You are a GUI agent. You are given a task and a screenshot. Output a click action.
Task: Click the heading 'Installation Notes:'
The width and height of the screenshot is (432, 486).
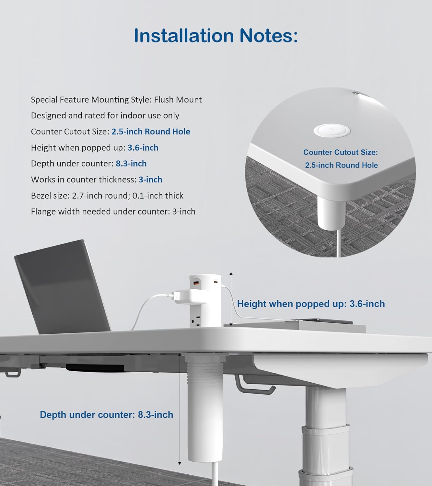tap(216, 36)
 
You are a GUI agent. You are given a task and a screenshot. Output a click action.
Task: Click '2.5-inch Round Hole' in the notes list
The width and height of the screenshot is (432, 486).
tap(151, 132)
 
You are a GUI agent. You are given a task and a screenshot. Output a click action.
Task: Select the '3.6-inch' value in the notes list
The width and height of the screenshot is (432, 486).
tap(143, 148)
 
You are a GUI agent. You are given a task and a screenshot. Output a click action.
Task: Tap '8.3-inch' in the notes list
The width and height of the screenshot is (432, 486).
tap(131, 164)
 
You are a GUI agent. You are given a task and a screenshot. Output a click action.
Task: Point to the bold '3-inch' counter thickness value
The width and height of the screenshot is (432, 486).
tap(150, 179)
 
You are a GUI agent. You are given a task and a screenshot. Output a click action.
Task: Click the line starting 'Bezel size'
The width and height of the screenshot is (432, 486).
tap(107, 196)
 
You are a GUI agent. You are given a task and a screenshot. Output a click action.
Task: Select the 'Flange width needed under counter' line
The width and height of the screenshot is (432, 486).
tap(113, 212)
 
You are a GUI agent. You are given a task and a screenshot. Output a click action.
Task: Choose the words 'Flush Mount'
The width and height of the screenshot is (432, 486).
tap(178, 100)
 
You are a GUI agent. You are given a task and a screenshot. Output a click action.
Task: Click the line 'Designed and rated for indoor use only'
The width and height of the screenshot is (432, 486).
tap(105, 116)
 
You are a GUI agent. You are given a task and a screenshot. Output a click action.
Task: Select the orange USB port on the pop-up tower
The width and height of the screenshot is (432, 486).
tap(196, 283)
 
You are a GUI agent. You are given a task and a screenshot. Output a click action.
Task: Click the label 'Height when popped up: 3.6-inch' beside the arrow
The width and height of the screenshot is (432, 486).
tap(311, 304)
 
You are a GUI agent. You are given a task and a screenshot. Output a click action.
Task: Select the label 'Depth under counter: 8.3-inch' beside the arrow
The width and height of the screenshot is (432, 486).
tap(106, 415)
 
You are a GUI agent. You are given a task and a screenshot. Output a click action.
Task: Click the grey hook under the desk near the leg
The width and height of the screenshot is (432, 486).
tap(254, 386)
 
